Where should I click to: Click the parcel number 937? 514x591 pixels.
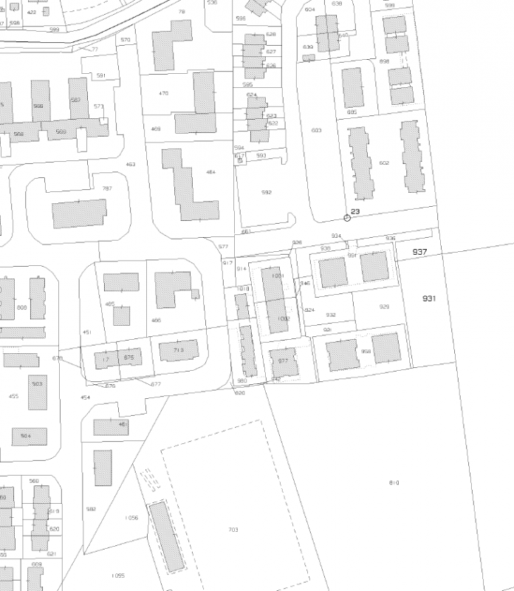[420, 252]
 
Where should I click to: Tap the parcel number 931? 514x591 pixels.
[430, 298]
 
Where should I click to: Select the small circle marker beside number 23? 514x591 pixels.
[347, 217]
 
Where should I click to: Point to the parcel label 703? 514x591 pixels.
[233, 530]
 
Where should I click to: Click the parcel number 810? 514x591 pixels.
[394, 482]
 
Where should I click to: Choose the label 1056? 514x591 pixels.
[132, 518]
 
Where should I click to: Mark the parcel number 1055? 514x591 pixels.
[117, 575]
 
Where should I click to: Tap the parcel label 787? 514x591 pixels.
[107, 188]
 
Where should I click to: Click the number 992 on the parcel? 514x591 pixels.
[267, 192]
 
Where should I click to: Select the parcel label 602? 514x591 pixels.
[383, 163]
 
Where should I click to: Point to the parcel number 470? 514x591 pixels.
[164, 93]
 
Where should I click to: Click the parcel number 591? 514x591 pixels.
[101, 75]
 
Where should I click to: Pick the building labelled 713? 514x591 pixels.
[178, 349]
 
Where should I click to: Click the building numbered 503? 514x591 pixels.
[37, 384]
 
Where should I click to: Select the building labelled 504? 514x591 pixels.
[25, 436]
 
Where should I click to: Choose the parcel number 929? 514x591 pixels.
[384, 307]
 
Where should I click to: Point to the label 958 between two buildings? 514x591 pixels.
[366, 351]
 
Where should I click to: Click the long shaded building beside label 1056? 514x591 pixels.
[166, 537]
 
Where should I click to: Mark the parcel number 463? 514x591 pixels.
[131, 164]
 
